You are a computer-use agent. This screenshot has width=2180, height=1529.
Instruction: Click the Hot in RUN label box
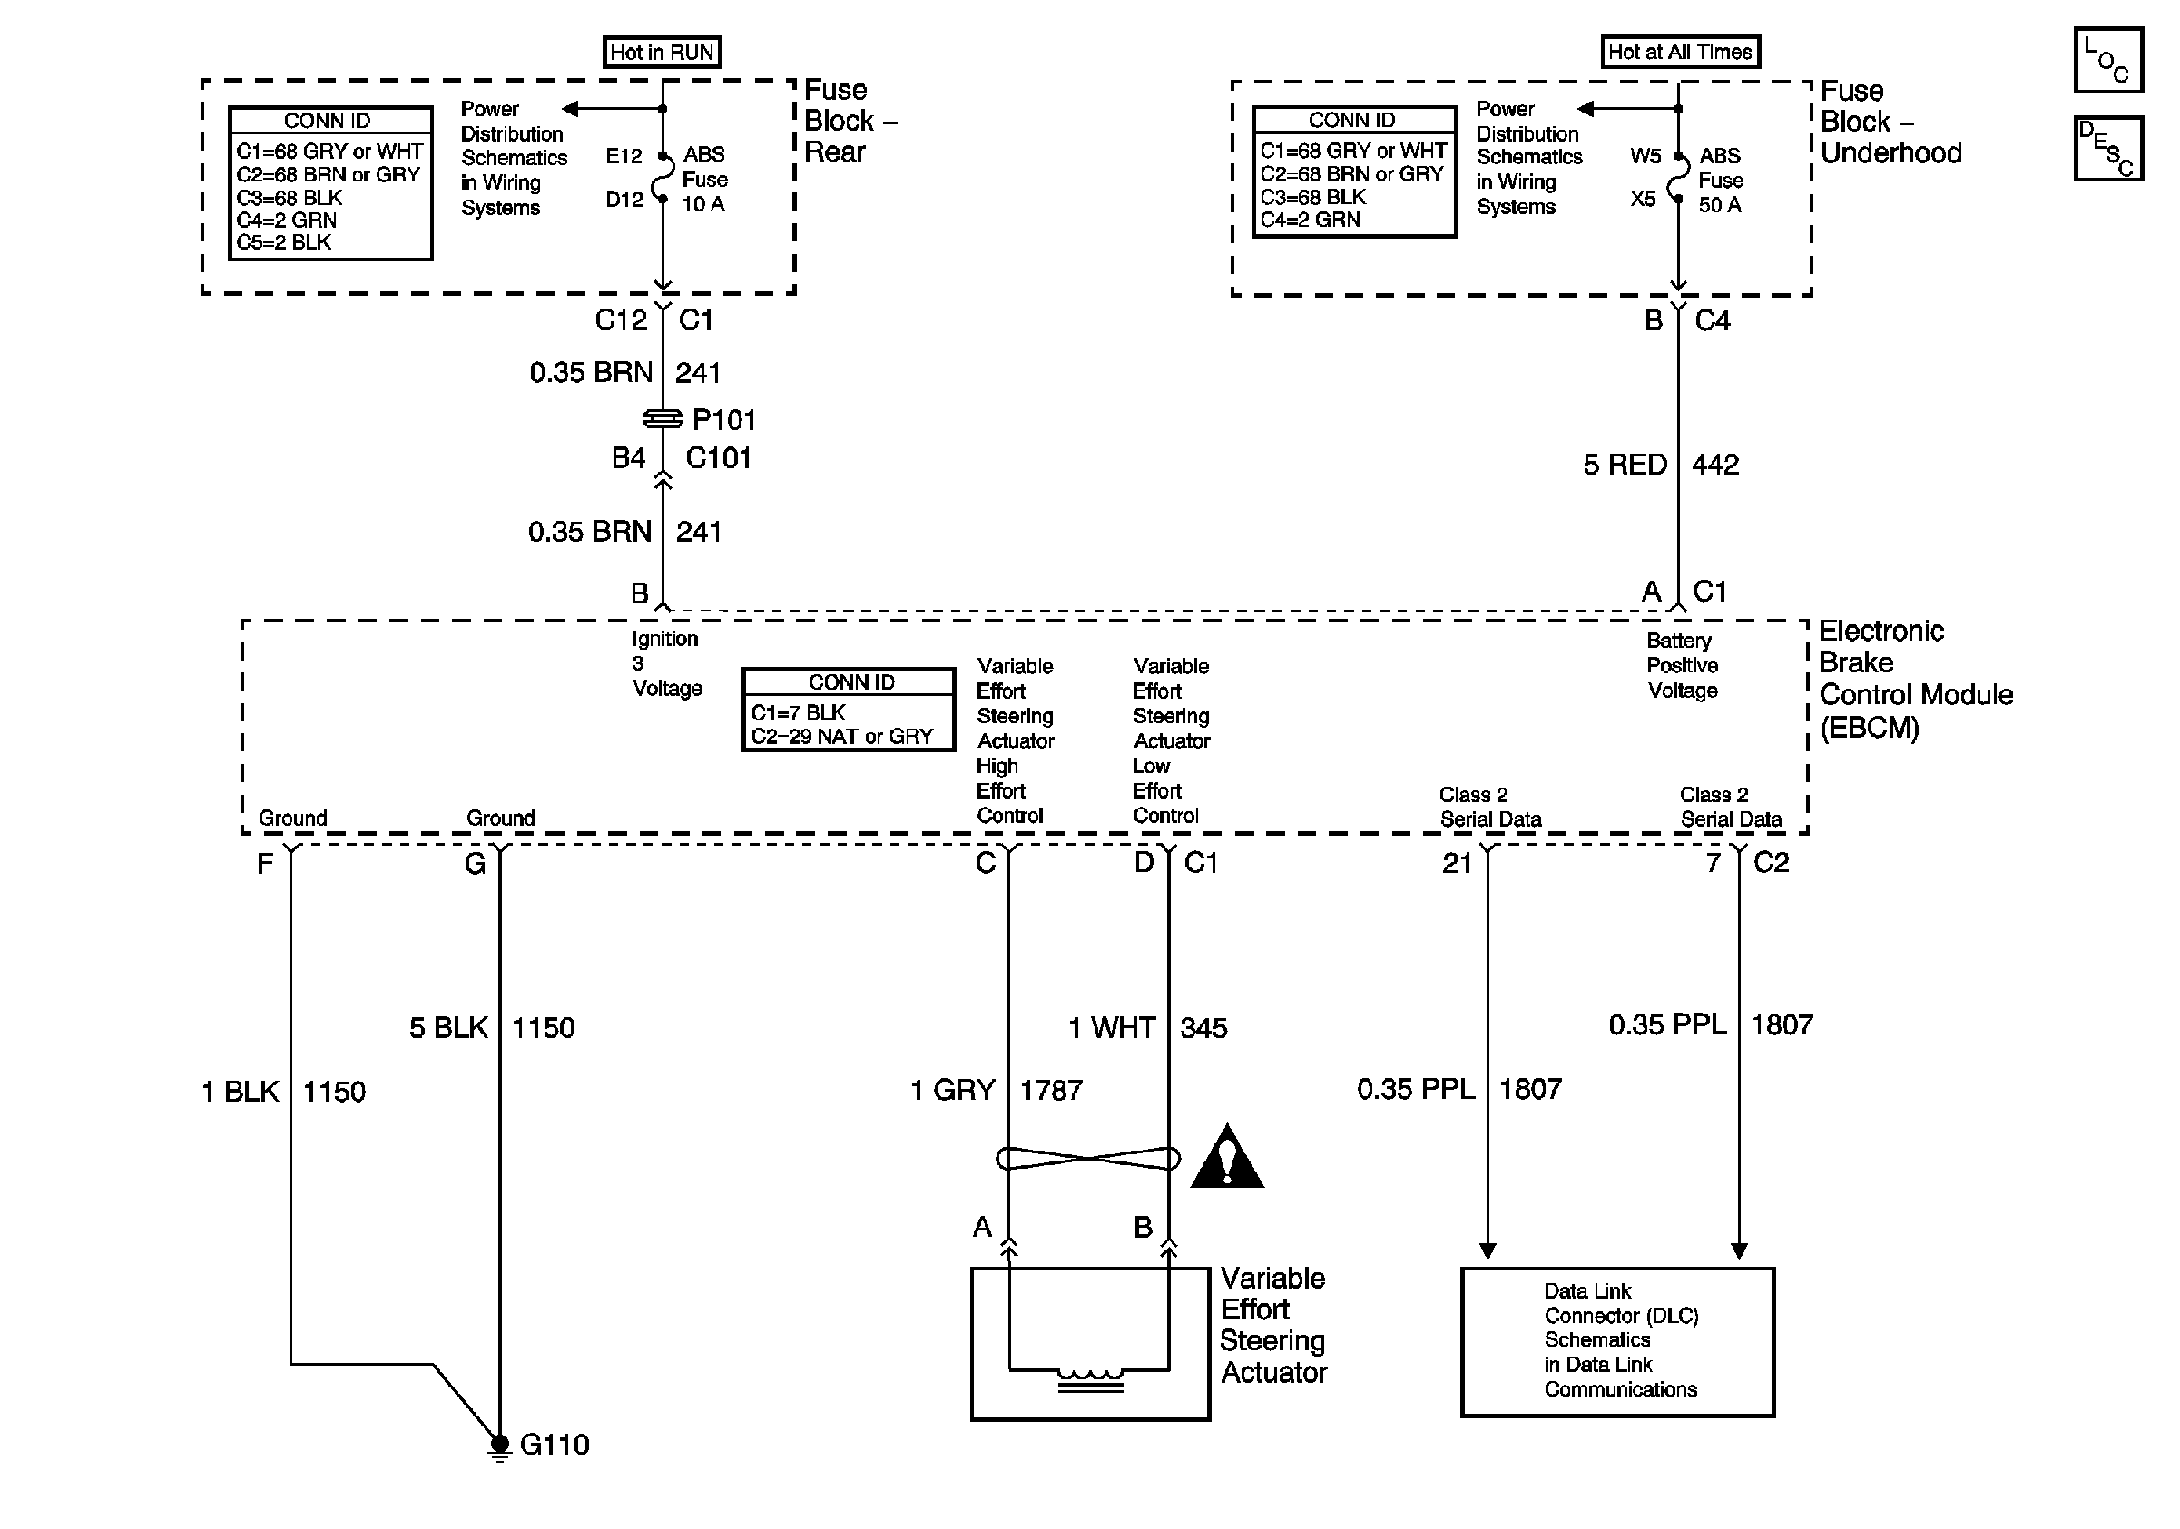[x=662, y=51]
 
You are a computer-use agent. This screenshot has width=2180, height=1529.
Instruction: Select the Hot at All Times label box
[x=1680, y=51]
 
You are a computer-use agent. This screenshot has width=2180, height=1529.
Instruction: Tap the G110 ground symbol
[x=499, y=1446]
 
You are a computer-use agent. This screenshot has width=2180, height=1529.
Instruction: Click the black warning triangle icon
[x=1227, y=1156]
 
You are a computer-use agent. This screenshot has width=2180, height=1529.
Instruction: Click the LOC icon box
[x=2107, y=60]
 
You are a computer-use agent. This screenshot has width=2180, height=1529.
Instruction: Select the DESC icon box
[x=2107, y=148]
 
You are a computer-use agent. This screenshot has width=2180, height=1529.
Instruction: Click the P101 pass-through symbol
[x=663, y=418]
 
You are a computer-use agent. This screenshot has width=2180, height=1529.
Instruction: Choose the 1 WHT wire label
[x=1112, y=1028]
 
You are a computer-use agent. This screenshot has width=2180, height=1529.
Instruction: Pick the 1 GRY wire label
[x=953, y=1090]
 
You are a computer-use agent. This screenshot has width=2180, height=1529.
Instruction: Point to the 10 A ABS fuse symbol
[x=662, y=178]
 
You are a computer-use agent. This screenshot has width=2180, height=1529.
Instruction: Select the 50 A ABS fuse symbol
[x=1678, y=178]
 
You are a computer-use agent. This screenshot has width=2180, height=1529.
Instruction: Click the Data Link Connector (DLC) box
[x=1618, y=1342]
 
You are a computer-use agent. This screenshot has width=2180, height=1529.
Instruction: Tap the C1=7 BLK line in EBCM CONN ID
[x=799, y=712]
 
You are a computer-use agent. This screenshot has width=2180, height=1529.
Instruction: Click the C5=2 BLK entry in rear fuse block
[x=284, y=242]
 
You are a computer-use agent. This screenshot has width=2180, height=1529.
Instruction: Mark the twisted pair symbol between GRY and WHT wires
[x=1088, y=1158]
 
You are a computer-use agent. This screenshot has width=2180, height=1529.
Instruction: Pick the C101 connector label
[x=719, y=458]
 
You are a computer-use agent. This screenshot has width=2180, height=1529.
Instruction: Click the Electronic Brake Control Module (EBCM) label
[x=1916, y=679]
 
